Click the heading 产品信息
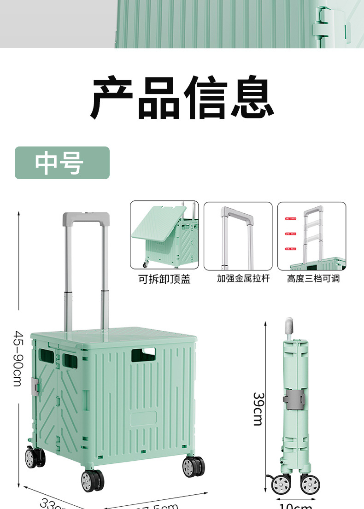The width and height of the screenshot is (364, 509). pos(182,98)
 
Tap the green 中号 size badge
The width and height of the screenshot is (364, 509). pos(62,163)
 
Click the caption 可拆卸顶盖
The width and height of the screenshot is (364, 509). pos(164,279)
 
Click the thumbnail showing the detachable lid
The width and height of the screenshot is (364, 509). pos(164,235)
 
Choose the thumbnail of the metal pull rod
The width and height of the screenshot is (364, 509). pos(238,235)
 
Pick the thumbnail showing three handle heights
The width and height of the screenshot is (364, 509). pos(311,235)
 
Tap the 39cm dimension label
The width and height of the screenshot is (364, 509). pos(258,409)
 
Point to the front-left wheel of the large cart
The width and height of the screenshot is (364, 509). pos(92,480)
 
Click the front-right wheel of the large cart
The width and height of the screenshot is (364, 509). pos(194,467)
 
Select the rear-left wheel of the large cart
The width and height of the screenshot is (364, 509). pos(34,457)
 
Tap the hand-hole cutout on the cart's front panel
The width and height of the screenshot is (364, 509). pos(143,355)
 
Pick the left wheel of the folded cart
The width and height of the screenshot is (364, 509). pos(281,485)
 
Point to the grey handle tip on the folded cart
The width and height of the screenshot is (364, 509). pos(289,325)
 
